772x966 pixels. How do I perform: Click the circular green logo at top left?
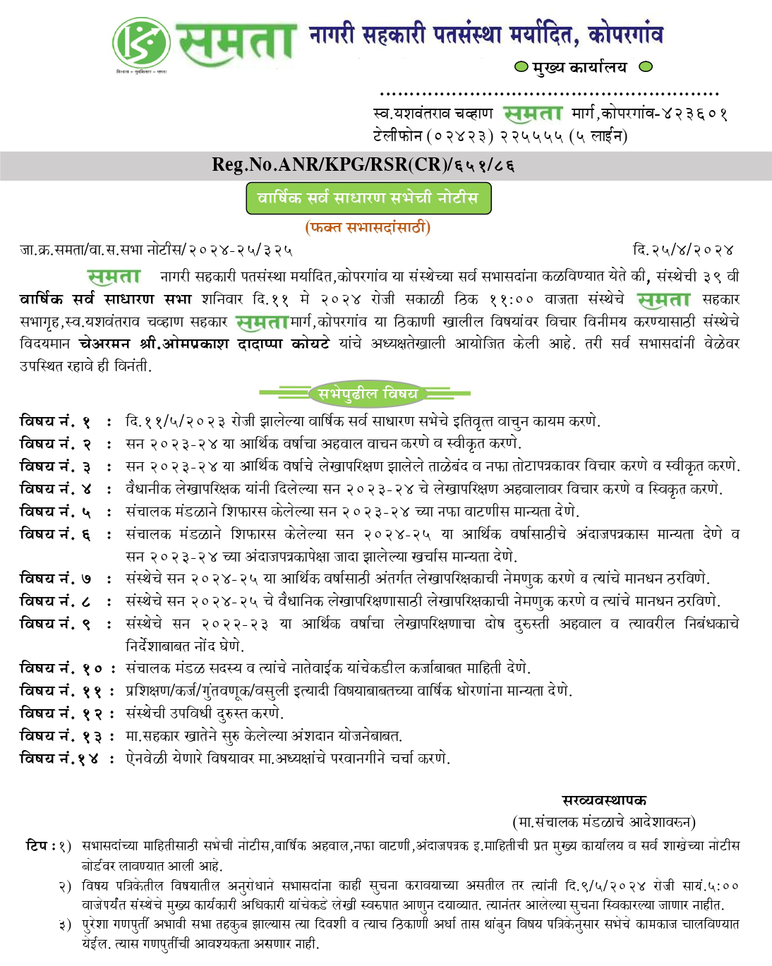tap(141, 42)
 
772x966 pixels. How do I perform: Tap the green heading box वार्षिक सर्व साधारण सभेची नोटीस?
tap(368, 198)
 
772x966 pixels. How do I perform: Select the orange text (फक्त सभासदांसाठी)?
tap(368, 227)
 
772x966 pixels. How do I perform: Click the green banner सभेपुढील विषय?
tap(368, 394)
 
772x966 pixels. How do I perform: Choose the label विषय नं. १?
tap(55, 422)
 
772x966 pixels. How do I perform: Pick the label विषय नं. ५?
tap(55, 512)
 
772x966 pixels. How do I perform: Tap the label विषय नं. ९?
tap(55, 624)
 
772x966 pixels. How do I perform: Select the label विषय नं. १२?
tap(60, 713)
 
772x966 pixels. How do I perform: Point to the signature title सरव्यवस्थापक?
tap(604, 801)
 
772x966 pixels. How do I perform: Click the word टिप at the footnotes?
tap(36, 845)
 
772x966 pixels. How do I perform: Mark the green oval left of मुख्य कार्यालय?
tap(521, 67)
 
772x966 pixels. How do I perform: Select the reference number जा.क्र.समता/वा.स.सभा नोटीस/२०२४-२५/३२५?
tap(156, 250)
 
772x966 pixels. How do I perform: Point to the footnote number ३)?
tap(65, 924)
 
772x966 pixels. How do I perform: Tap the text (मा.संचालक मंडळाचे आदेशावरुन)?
tap(604, 822)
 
